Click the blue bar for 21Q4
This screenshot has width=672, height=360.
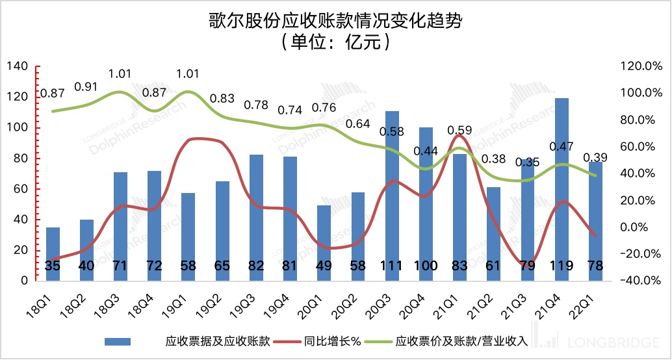click(561, 188)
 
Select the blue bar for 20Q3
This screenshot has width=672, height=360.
click(392, 195)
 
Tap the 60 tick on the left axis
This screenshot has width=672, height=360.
click(20, 189)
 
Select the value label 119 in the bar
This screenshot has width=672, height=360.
click(561, 266)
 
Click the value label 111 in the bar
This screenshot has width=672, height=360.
click(392, 266)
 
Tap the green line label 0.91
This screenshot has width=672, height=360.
click(86, 86)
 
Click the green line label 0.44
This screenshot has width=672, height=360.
click(426, 151)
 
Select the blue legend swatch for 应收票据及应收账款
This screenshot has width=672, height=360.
click(118, 341)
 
